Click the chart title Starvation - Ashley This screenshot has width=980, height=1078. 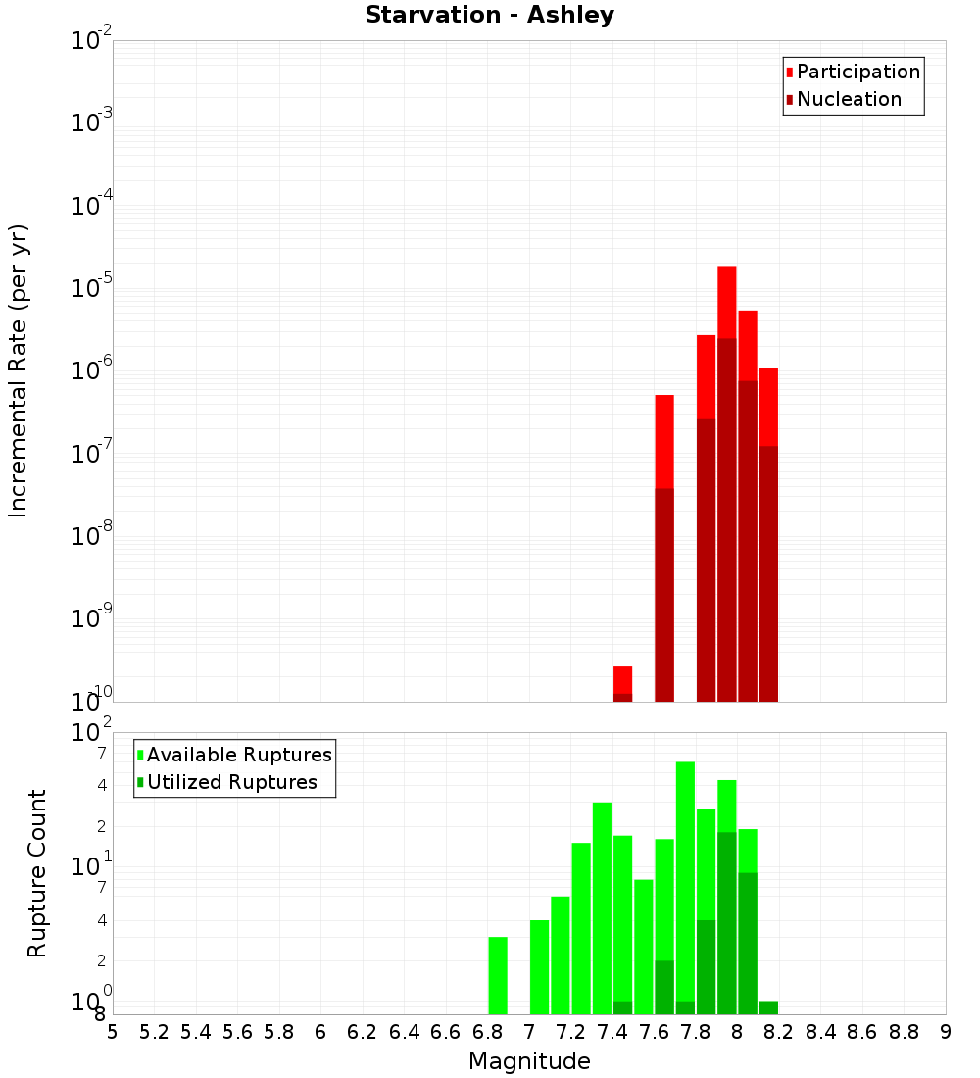pyautogui.click(x=489, y=16)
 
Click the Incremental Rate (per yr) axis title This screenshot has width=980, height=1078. pyautogui.click(x=19, y=371)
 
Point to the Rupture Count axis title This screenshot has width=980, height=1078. pyautogui.click(x=37, y=873)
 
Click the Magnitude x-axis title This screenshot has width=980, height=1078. pyautogui.click(x=529, y=1060)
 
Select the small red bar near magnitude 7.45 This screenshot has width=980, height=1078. pyautogui.click(x=622, y=679)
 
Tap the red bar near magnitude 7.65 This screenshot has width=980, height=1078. pyautogui.click(x=664, y=441)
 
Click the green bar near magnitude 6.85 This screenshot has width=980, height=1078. pyautogui.click(x=498, y=975)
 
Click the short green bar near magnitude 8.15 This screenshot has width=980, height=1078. pyautogui.click(x=768, y=1007)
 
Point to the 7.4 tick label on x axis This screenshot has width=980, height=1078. pyautogui.click(x=612, y=1032)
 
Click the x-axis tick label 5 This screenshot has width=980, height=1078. pyautogui.click(x=113, y=1032)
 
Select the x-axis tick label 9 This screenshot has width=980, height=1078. pyautogui.click(x=946, y=1032)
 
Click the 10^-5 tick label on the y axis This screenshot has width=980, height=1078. pyautogui.click(x=91, y=288)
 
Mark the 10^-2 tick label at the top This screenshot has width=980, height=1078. pyautogui.click(x=91, y=41)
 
